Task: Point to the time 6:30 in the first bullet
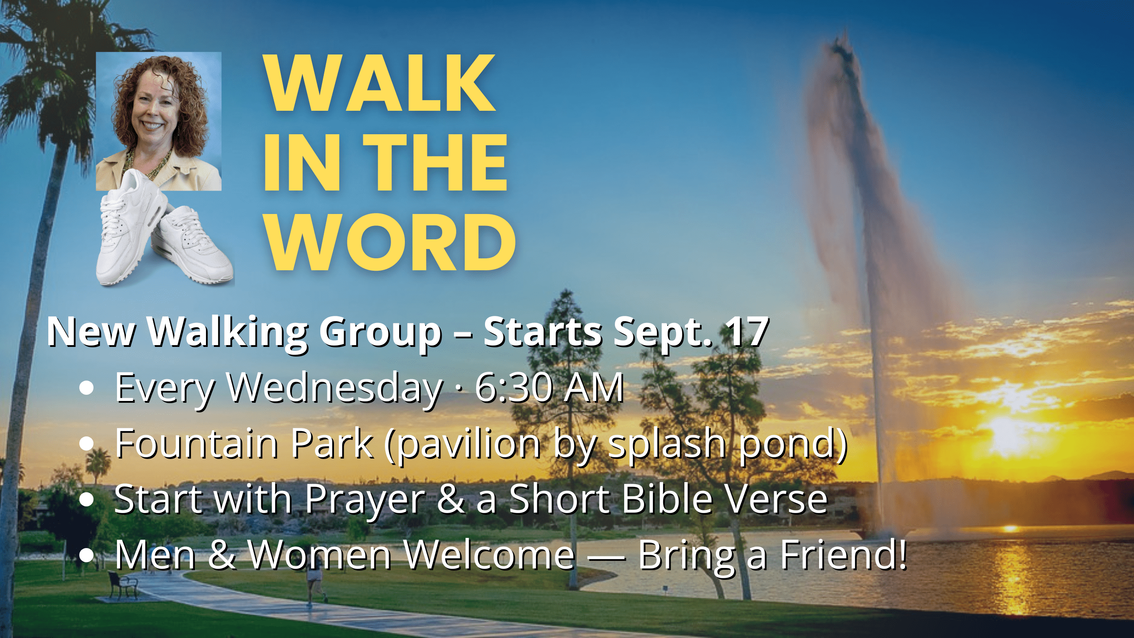click(514, 388)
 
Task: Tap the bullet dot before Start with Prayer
click(87, 499)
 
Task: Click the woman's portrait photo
click(159, 121)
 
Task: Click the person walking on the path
click(315, 585)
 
